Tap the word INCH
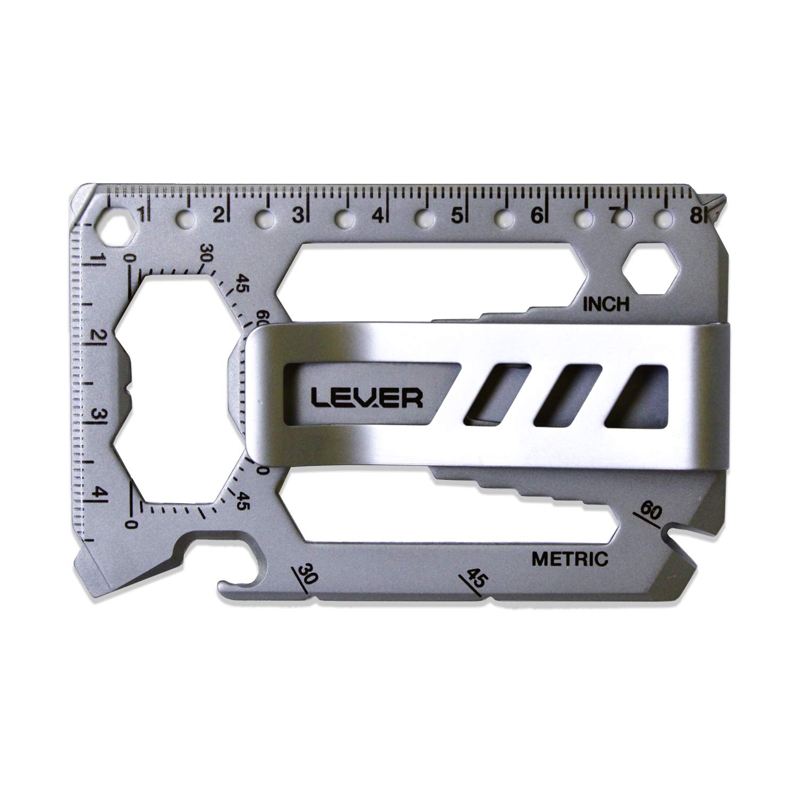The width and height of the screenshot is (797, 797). (606, 304)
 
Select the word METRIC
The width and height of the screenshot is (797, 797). (569, 559)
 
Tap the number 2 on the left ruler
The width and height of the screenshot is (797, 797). (98, 336)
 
